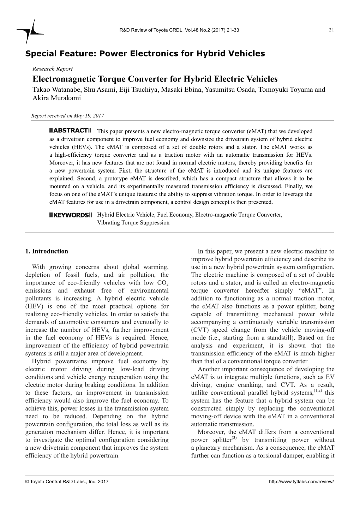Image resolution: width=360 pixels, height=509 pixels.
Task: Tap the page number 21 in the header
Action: (x=331, y=30)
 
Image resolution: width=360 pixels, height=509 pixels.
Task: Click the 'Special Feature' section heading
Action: (x=145, y=54)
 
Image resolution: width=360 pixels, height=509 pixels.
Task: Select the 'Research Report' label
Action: (x=53, y=69)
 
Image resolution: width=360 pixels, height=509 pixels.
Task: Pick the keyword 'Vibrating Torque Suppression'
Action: (x=133, y=223)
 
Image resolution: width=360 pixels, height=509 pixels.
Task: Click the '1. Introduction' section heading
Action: (x=47, y=251)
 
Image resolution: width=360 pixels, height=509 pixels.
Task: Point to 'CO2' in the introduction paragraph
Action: (x=162, y=283)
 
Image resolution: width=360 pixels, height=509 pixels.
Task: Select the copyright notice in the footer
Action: (x=67, y=481)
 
